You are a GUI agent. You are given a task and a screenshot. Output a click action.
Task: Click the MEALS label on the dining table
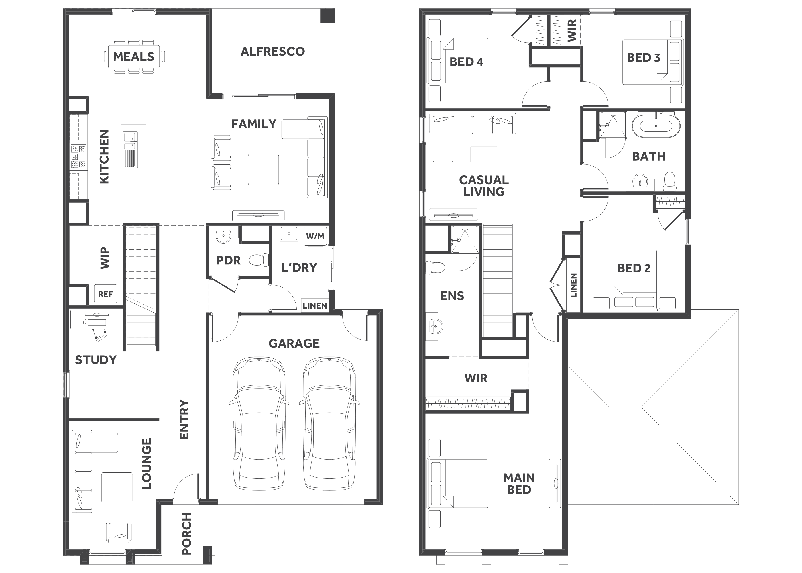pos(134,56)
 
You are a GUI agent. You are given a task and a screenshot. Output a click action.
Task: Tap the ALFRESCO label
pos(273,52)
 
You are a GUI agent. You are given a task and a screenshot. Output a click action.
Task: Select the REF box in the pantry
pos(105,294)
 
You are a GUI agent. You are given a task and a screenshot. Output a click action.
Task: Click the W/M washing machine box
pos(315,236)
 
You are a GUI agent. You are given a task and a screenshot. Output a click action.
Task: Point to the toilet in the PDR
pos(259,260)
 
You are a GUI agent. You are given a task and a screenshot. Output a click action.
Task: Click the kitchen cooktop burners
pos(78,157)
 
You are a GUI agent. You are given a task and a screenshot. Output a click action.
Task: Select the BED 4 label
pos(466,62)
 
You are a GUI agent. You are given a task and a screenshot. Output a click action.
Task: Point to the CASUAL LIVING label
pos(484,186)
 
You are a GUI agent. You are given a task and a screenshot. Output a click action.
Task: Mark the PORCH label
pos(186,533)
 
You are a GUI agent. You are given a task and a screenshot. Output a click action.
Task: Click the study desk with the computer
pos(96,319)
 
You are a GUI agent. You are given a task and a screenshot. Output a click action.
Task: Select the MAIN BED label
pos(519,484)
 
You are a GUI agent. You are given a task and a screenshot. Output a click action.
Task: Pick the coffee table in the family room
pos(263,169)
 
